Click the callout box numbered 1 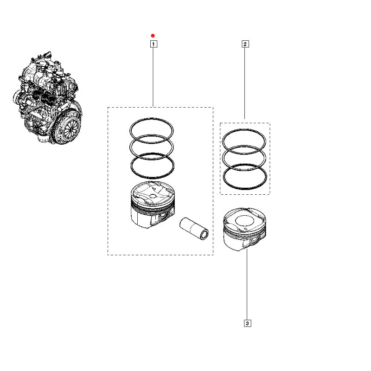pyautogui.click(x=154, y=44)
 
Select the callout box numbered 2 pyautogui.click(x=245, y=44)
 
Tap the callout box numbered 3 pyautogui.click(x=247, y=323)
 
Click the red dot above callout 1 pyautogui.click(x=153, y=36)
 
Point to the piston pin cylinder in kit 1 pyautogui.click(x=194, y=229)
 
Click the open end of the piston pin pyautogui.click(x=205, y=235)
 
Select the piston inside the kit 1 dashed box pyautogui.click(x=153, y=205)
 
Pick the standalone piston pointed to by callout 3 pyautogui.click(x=245, y=229)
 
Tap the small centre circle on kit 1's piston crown pyautogui.click(x=153, y=196)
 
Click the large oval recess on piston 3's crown pyautogui.click(x=244, y=221)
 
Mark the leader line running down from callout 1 pyautogui.click(x=154, y=77)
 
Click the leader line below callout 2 pyautogui.click(x=245, y=83)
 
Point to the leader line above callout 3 pyautogui.click(x=247, y=284)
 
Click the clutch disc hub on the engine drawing pyautogui.click(x=71, y=129)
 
